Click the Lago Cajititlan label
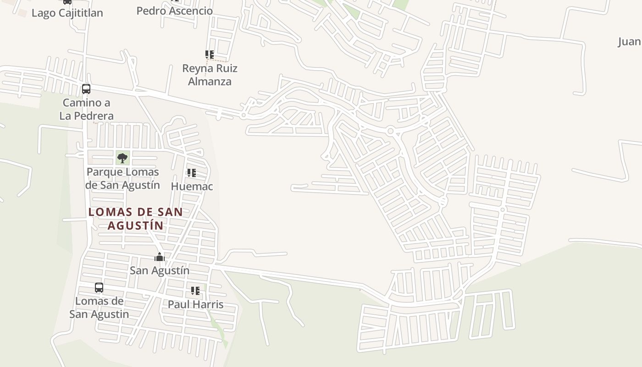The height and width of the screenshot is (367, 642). click(x=67, y=13)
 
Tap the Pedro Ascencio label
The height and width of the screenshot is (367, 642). click(x=174, y=11)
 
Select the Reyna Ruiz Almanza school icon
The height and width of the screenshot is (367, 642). click(x=210, y=55)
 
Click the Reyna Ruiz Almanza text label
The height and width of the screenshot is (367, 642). click(x=210, y=75)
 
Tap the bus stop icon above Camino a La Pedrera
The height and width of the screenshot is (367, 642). click(x=86, y=89)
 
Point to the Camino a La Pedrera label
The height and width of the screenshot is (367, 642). click(x=86, y=109)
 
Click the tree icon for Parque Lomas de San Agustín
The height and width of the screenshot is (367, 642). click(x=122, y=158)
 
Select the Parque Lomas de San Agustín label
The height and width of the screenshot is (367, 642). click(x=123, y=178)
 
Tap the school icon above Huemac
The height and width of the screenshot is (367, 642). click(x=192, y=173)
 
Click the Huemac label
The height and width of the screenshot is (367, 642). click(x=192, y=186)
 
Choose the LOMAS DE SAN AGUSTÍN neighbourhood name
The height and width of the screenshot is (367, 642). click(x=136, y=219)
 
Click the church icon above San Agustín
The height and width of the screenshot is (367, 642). click(x=159, y=257)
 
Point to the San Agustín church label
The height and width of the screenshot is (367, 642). click(x=159, y=271)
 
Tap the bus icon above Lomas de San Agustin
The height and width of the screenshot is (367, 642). click(x=99, y=288)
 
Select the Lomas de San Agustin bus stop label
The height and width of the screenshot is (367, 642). click(x=99, y=307)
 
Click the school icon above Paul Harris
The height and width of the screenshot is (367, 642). click(x=195, y=291)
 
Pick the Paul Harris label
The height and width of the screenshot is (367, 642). click(x=195, y=304)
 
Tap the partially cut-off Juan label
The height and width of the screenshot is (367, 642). click(x=630, y=42)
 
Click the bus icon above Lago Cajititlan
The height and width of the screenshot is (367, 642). click(x=67, y=1)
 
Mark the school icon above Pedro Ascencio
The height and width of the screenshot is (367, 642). click(x=174, y=1)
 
